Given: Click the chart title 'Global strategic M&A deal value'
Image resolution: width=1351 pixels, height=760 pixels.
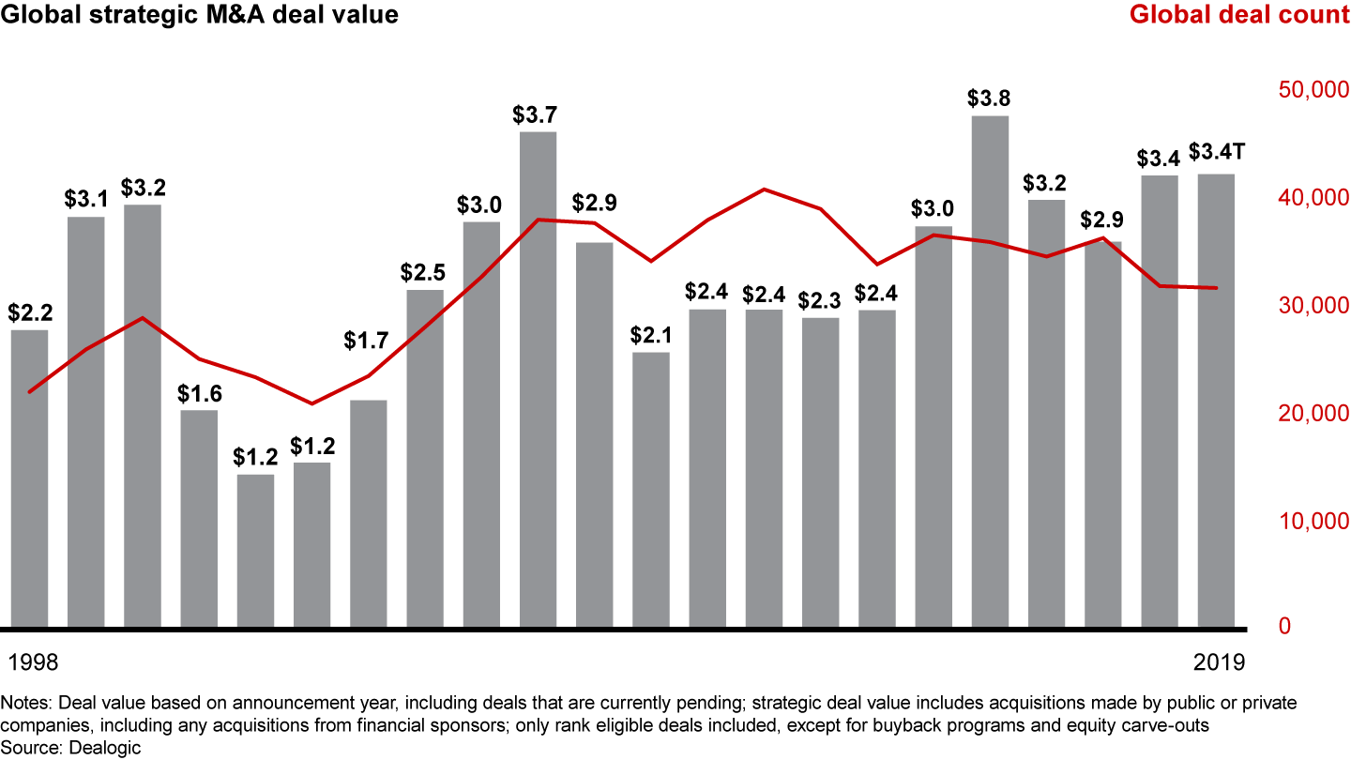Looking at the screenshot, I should click(x=199, y=15).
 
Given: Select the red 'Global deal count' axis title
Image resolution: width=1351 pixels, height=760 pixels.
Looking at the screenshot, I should click(x=1238, y=15).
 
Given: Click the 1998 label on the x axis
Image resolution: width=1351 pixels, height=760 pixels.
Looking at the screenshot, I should click(x=33, y=662).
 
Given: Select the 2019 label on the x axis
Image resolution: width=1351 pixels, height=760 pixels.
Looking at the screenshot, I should click(x=1220, y=662).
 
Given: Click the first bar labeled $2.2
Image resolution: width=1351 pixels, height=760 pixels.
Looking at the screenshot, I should click(x=29, y=478).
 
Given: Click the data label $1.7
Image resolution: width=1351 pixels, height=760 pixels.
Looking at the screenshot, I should click(x=368, y=342).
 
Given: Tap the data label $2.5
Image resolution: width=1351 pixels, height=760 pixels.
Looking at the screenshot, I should click(x=423, y=273).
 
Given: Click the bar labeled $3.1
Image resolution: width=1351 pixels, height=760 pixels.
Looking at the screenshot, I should click(x=86, y=421).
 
